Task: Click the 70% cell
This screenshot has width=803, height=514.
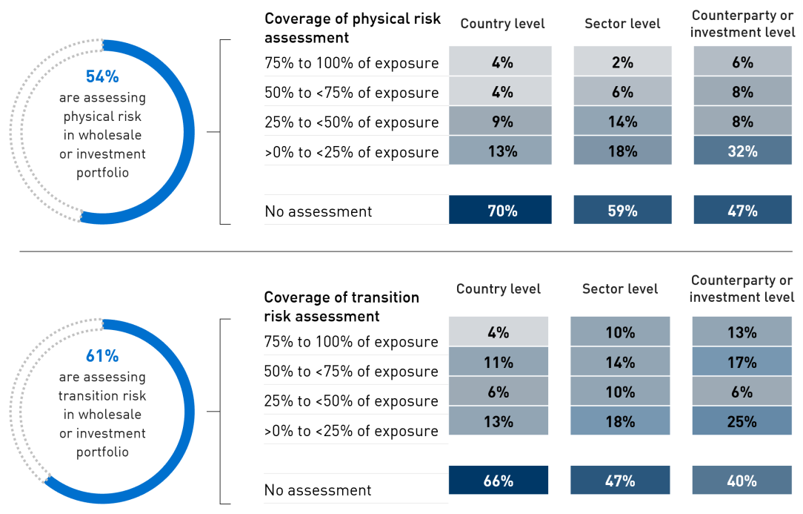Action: [x=501, y=211]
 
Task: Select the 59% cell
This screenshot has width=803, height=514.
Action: [x=622, y=211]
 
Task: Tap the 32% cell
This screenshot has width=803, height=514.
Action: [x=743, y=151]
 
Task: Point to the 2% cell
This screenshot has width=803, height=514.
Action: [x=622, y=62]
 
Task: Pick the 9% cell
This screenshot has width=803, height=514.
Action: [x=501, y=122]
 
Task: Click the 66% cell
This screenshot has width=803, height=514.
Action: [x=498, y=481]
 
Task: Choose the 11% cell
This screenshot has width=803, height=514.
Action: [x=498, y=362]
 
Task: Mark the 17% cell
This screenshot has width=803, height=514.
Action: [x=742, y=362]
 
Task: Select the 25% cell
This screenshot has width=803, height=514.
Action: [x=742, y=421]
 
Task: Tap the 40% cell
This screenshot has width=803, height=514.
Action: [x=742, y=481]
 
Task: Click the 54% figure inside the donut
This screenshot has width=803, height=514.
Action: [x=102, y=77]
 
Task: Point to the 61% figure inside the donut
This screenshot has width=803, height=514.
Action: [x=102, y=356]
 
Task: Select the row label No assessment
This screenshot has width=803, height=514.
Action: [x=318, y=490]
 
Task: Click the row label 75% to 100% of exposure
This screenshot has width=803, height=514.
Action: [x=351, y=342]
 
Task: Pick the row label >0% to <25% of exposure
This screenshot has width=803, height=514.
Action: [x=351, y=431]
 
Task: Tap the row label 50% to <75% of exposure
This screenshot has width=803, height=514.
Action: [x=351, y=372]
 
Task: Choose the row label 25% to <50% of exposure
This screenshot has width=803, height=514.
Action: [x=351, y=401]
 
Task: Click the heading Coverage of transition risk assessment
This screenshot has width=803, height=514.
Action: [x=341, y=306]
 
